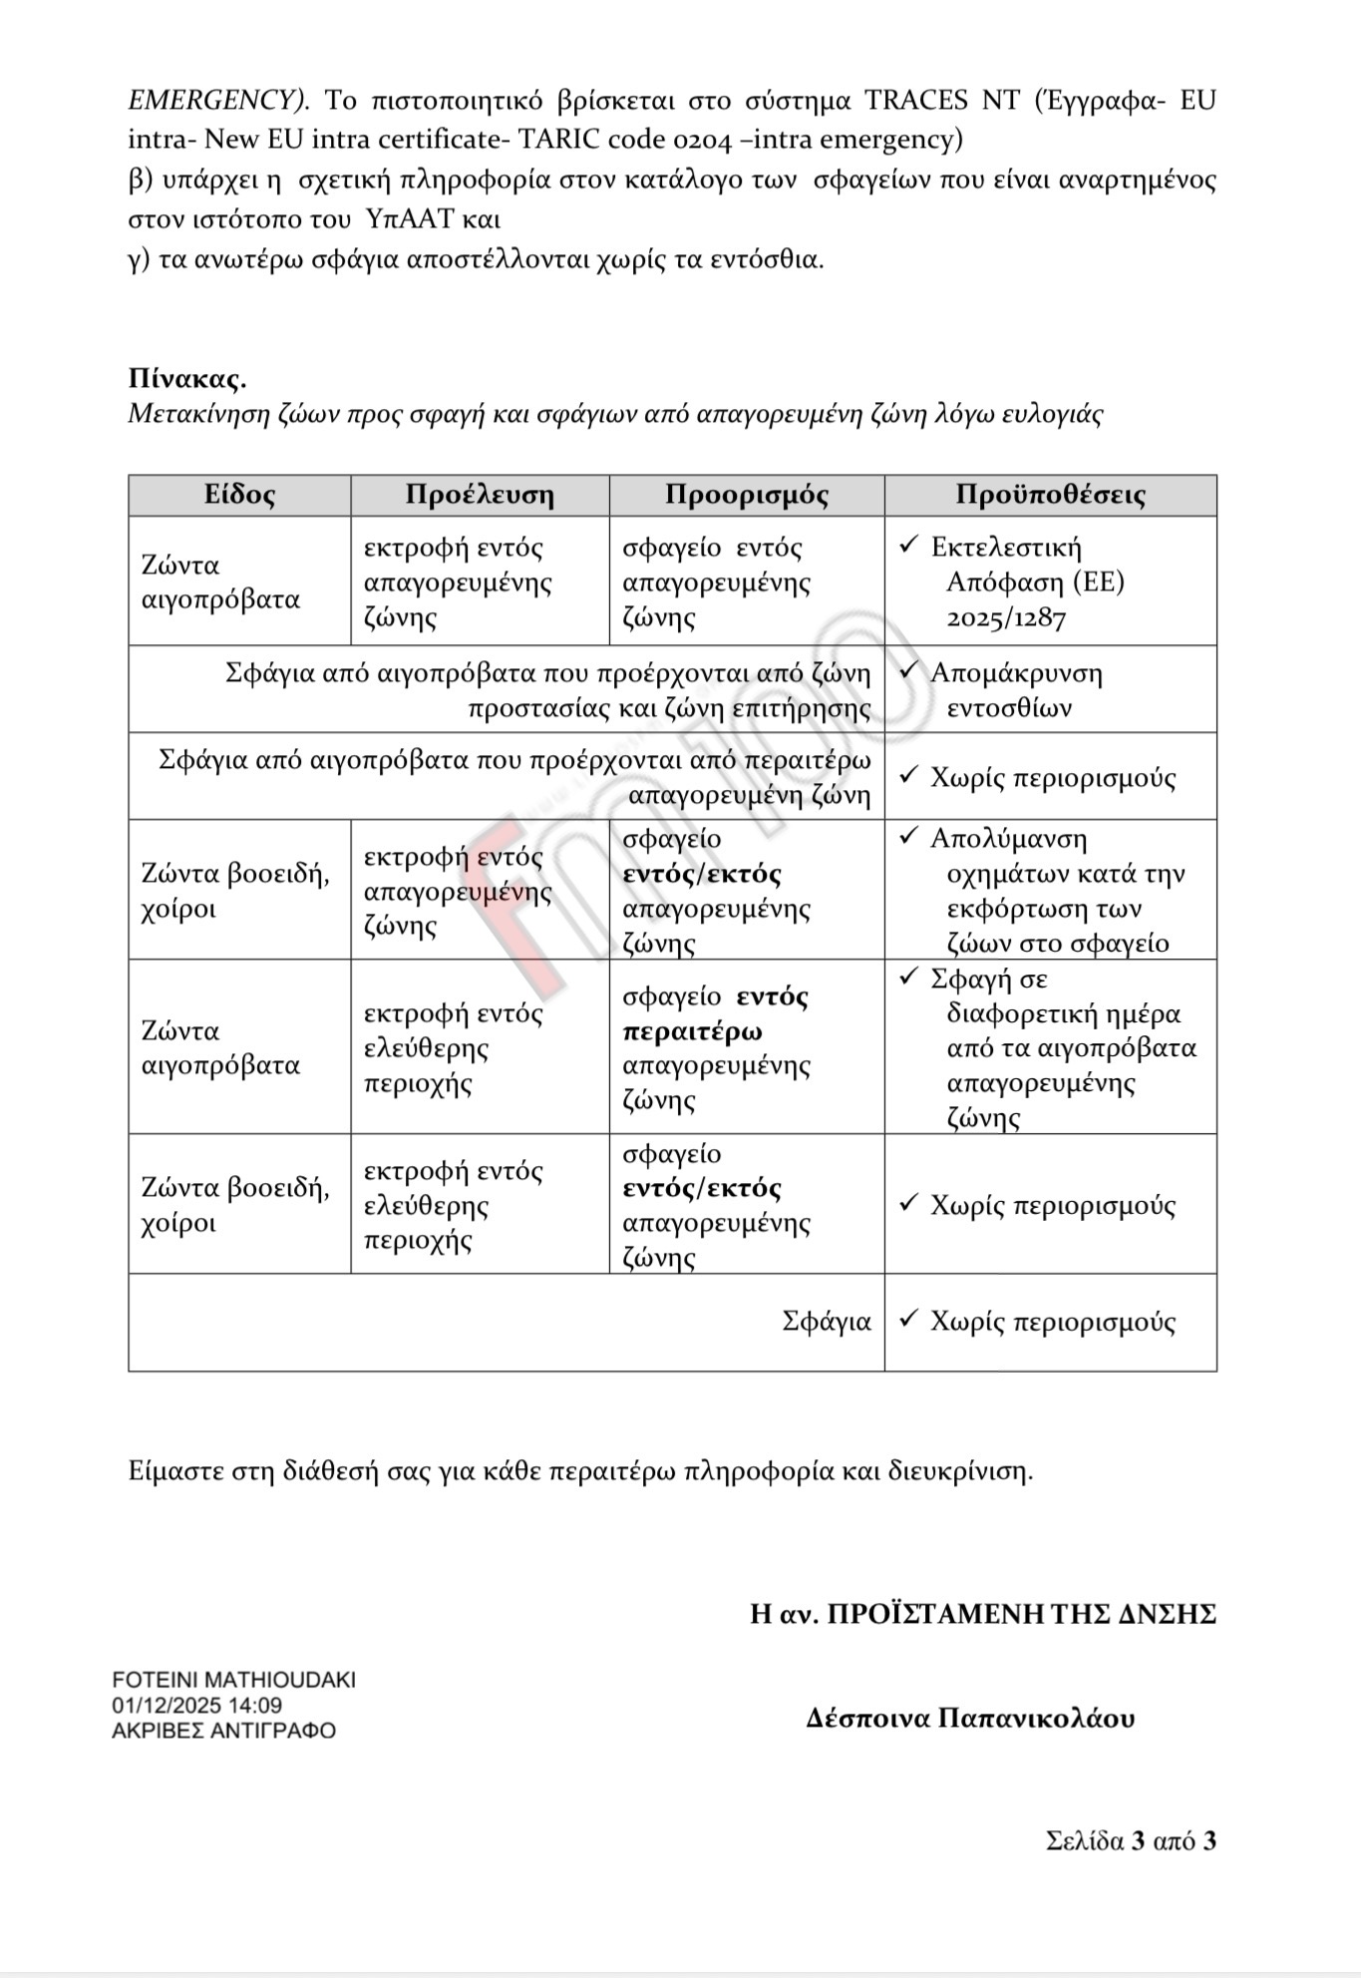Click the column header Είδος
[x=239, y=495]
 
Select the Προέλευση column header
[x=480, y=495]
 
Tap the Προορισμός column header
[x=747, y=495]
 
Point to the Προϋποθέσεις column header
[x=1050, y=495]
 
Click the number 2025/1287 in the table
[x=1006, y=617]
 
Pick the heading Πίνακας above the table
[x=187, y=379]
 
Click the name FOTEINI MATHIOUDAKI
[x=233, y=1679]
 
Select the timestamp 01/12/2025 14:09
[x=196, y=1705]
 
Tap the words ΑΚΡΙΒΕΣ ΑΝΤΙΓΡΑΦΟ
[x=223, y=1731]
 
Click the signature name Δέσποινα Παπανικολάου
[x=970, y=1718]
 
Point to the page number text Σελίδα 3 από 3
[x=1131, y=1840]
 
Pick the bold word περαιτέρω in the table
[x=692, y=1031]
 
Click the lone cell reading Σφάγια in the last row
[x=827, y=1322]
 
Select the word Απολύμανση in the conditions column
[x=1008, y=839]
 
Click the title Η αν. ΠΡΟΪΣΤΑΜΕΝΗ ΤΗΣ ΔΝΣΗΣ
[x=983, y=1613]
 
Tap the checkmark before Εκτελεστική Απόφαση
[x=907, y=545]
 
